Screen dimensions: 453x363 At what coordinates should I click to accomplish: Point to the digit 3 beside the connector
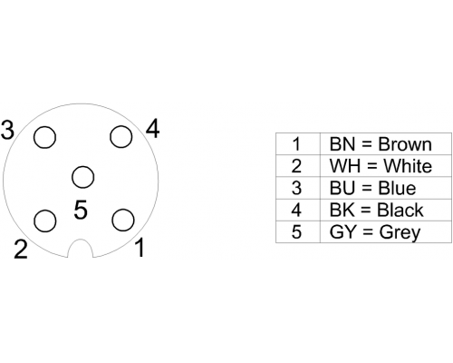click(7, 130)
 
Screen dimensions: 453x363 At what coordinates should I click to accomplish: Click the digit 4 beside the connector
click(152, 128)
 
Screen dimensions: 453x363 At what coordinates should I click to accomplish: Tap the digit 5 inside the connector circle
click(81, 210)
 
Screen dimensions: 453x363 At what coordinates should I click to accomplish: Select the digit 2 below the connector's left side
click(21, 250)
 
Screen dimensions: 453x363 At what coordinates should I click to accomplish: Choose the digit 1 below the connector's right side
click(140, 247)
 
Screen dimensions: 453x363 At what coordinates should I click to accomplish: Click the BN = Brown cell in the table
click(386, 144)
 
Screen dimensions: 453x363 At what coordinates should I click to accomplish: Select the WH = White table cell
click(386, 166)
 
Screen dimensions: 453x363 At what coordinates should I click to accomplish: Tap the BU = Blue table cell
click(386, 188)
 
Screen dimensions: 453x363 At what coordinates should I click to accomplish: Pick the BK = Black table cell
click(386, 210)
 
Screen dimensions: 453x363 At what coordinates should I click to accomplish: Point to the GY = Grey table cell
click(386, 231)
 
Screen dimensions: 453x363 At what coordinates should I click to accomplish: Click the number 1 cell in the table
click(298, 144)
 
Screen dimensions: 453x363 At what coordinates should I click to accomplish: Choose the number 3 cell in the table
click(298, 188)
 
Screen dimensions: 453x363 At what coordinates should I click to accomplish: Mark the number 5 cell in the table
click(298, 231)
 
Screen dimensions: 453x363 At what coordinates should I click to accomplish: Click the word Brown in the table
click(405, 144)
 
